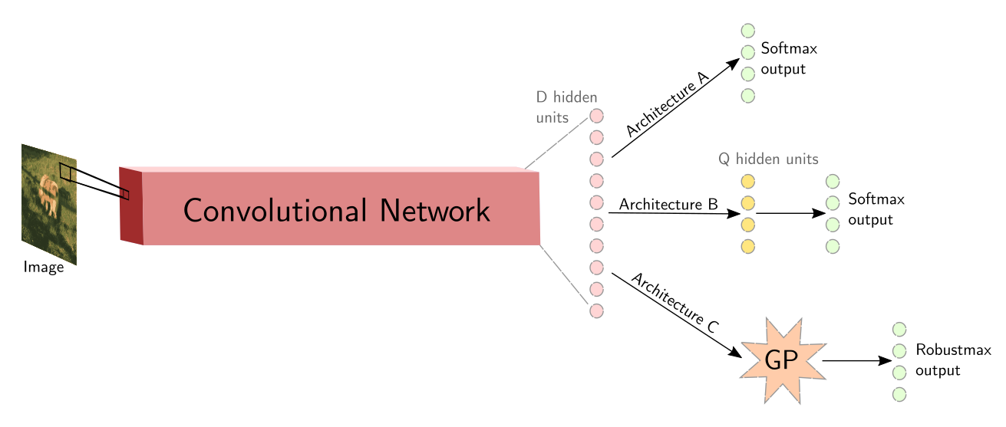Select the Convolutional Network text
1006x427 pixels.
(x=337, y=210)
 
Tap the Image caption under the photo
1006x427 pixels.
(x=44, y=267)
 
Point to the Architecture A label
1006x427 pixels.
(x=667, y=103)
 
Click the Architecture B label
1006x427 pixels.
(x=668, y=205)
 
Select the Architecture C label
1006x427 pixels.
(x=675, y=302)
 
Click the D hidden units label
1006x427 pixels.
(x=566, y=108)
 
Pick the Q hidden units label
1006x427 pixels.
(x=768, y=159)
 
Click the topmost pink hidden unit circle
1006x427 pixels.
(x=596, y=116)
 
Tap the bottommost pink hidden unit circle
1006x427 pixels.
(x=596, y=311)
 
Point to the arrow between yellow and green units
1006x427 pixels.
(x=790, y=213)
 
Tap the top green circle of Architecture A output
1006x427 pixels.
(x=748, y=31)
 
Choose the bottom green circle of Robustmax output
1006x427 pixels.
(x=900, y=394)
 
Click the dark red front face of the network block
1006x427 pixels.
(x=131, y=205)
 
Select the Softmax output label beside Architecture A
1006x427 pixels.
(x=789, y=59)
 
